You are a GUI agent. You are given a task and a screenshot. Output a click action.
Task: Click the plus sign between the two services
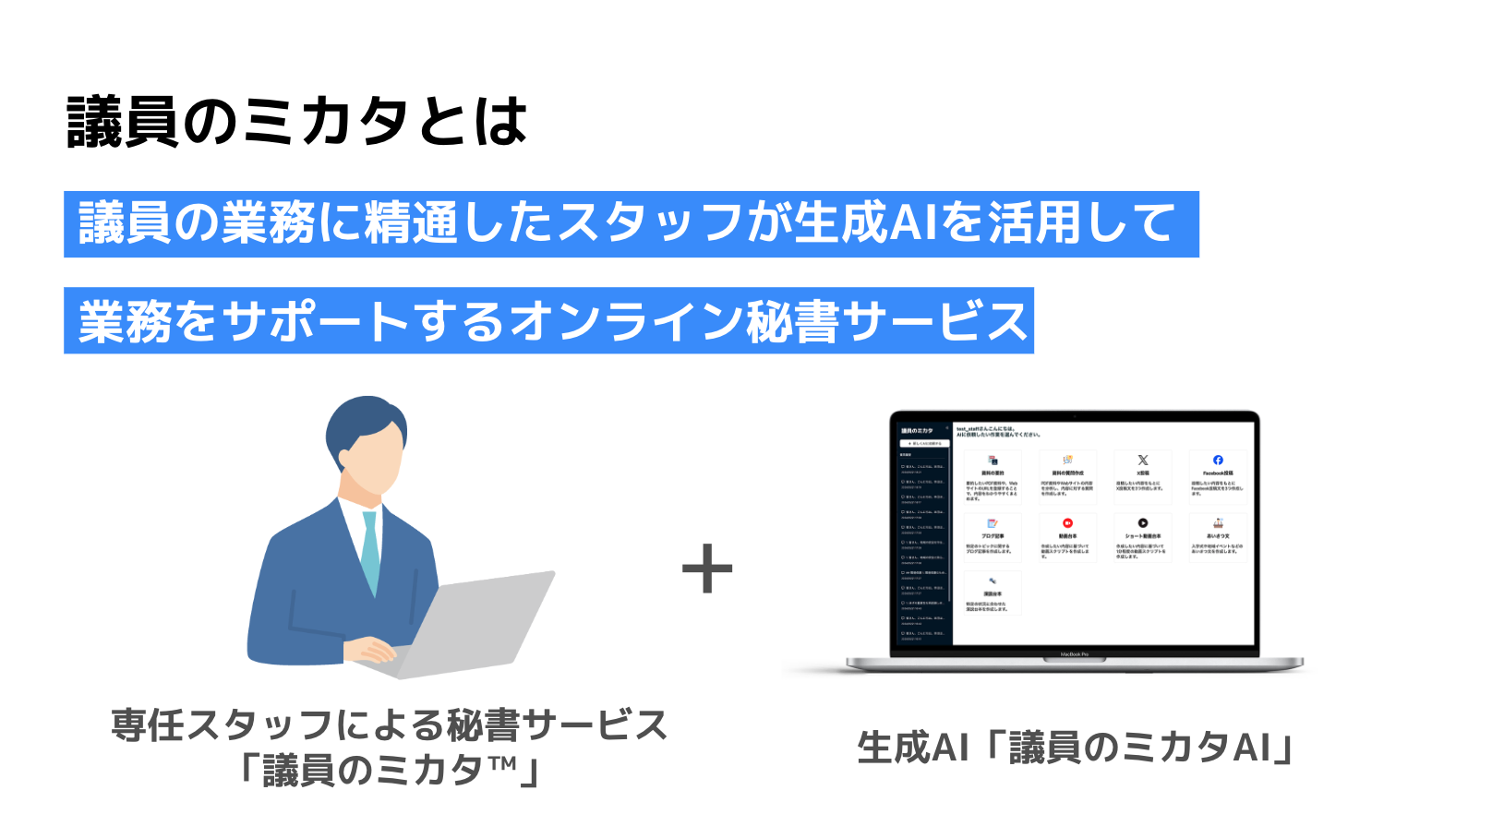click(x=707, y=569)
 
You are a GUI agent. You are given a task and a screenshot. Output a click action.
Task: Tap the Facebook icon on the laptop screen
click(x=1218, y=460)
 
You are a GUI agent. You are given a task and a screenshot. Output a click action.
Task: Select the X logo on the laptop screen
click(x=1143, y=460)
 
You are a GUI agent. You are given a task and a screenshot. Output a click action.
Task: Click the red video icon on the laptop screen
click(x=1067, y=523)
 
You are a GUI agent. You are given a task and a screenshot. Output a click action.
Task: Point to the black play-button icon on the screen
click(x=1143, y=523)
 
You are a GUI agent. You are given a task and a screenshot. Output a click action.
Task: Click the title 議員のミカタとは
click(x=297, y=122)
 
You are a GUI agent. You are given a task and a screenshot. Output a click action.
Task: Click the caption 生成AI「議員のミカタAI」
click(x=1076, y=748)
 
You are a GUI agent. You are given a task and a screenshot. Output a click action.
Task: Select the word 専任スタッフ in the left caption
click(x=222, y=725)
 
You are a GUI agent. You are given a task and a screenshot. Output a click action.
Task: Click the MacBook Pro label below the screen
click(x=1074, y=654)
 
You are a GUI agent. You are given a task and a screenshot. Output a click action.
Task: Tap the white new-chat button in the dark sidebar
click(x=924, y=443)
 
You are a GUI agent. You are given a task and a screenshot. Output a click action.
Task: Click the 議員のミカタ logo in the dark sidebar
click(x=917, y=431)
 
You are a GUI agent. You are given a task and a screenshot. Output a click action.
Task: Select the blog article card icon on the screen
click(x=993, y=523)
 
